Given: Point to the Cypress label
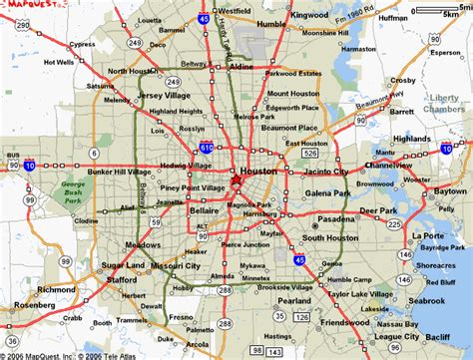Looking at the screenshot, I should click(82, 44).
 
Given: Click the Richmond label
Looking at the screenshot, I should click(55, 288).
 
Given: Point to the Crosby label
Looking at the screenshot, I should click(402, 79).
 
